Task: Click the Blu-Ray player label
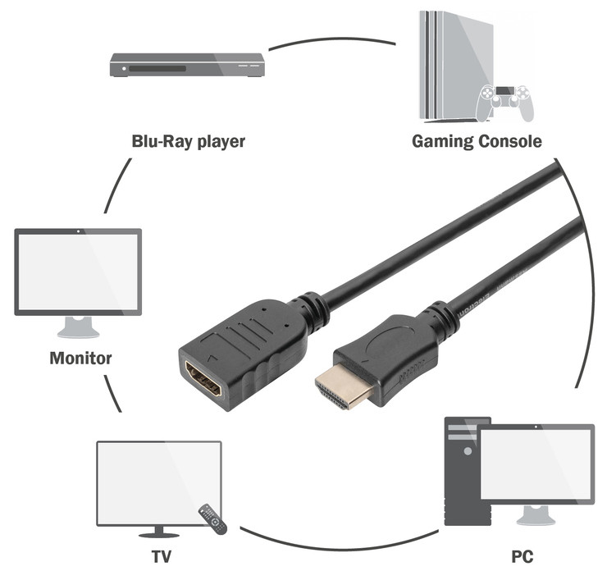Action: [189, 141]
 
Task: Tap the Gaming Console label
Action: [477, 141]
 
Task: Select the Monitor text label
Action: [80, 358]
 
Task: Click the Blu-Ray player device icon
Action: [188, 66]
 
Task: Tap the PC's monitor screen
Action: [536, 464]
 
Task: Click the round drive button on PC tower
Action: [468, 450]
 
